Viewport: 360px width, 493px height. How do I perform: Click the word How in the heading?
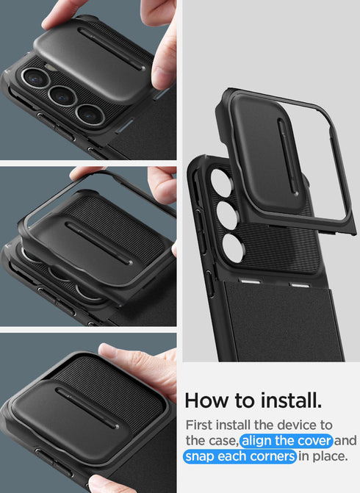pos(206,401)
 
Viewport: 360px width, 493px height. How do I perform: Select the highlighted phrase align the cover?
pos(287,441)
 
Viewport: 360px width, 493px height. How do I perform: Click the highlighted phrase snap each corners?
pos(240,457)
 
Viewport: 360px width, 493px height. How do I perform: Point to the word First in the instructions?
pos(201,425)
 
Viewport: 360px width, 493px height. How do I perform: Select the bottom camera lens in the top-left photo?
pos(89,114)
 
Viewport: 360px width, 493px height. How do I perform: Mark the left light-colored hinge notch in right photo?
pos(257,283)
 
